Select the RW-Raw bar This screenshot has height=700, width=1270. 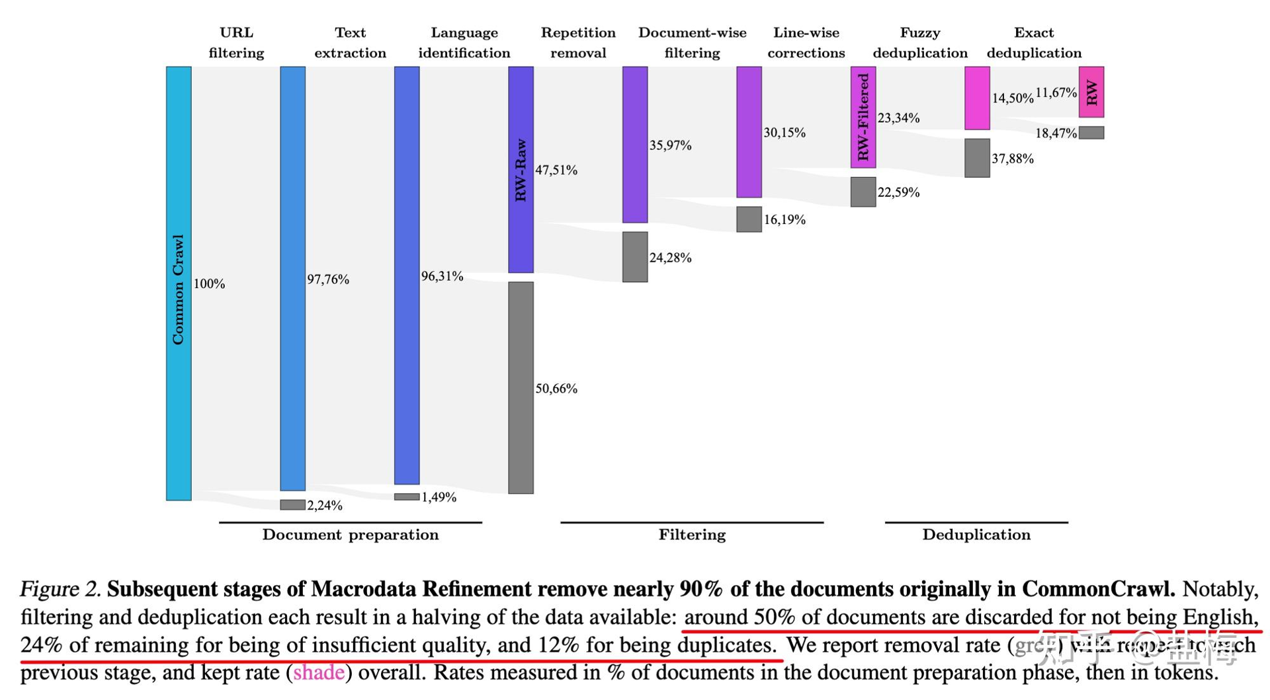point(521,169)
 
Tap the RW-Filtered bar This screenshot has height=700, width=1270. point(863,117)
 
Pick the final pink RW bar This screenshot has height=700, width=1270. point(1091,92)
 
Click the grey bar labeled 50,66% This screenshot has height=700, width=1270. point(521,387)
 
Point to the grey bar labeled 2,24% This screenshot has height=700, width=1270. point(292,505)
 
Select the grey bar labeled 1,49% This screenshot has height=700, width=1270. point(407,496)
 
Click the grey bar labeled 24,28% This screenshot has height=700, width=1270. point(635,257)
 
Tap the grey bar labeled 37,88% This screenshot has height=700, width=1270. point(977,158)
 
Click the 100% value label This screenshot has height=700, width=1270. point(209,284)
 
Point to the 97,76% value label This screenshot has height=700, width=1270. point(328,280)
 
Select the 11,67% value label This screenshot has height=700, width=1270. point(1056,93)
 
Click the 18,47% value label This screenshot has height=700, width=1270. point(1056,134)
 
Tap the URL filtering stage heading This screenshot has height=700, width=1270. point(236,43)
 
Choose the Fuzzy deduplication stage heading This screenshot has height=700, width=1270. point(920,43)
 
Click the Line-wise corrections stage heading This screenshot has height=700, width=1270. point(806,43)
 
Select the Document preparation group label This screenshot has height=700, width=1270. point(350,535)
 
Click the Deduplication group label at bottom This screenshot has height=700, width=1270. point(976,535)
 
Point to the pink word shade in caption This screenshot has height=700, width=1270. point(318,673)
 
